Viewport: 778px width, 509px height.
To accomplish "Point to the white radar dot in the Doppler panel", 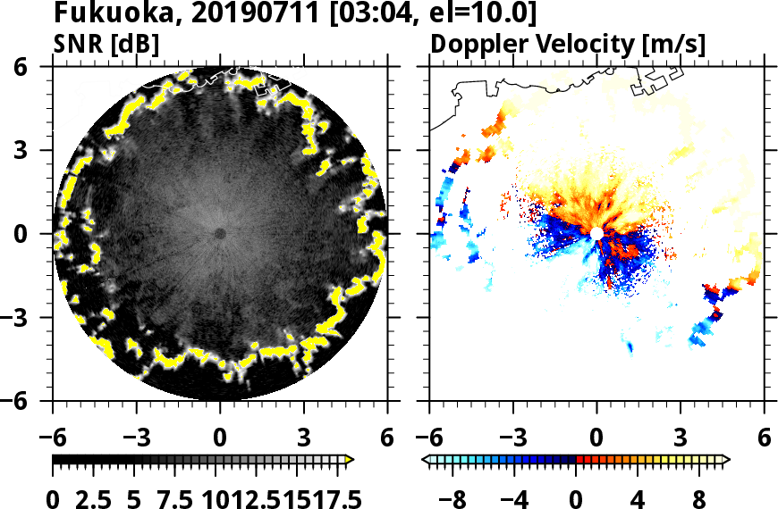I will point(596,234).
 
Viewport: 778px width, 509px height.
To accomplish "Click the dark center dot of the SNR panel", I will point(220,234).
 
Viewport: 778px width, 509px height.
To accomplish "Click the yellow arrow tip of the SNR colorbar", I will point(350,460).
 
